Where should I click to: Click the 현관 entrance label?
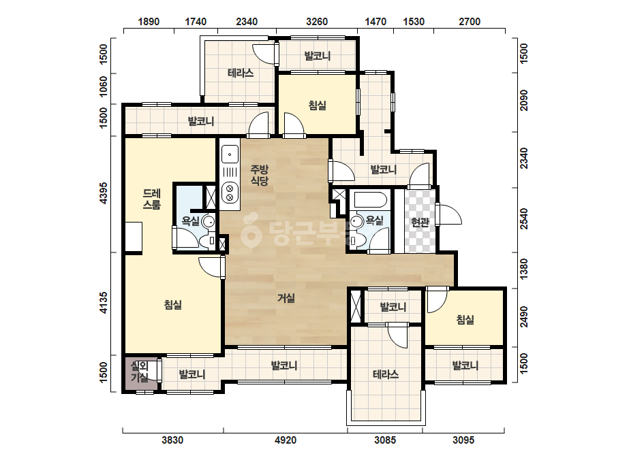(420, 222)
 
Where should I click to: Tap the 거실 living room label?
(286, 298)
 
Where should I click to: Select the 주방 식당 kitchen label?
(260, 175)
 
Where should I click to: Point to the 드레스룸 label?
(152, 199)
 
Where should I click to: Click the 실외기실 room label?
(140, 372)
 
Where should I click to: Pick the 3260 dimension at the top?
(317, 21)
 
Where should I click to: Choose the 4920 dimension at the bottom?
(286, 440)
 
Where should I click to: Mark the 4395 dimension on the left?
(104, 193)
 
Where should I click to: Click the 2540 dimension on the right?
(523, 219)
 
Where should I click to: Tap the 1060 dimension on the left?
(104, 86)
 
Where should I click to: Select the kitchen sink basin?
(230, 154)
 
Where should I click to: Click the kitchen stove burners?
(230, 192)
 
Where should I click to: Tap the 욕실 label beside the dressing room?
(191, 220)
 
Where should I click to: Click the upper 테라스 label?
(241, 73)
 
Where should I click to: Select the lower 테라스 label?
(386, 375)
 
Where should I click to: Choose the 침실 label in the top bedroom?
(318, 105)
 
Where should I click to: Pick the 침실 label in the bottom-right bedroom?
(465, 319)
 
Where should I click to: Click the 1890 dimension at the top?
(149, 21)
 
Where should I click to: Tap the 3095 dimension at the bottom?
(463, 440)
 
